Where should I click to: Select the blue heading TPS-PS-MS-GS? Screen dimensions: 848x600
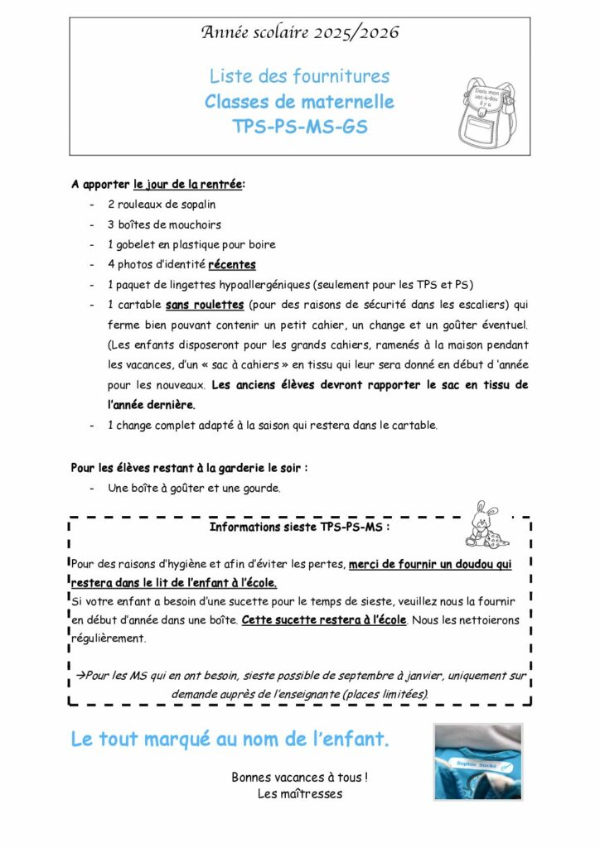point(299,128)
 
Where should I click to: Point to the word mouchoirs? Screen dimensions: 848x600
point(195,224)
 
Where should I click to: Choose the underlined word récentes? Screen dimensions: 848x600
point(231,265)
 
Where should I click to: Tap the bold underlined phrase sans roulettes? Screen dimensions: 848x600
point(204,305)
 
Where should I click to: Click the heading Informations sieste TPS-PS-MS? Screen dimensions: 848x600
point(299,526)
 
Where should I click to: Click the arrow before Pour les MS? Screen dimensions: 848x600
point(81,675)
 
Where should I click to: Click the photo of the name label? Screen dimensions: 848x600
point(478,762)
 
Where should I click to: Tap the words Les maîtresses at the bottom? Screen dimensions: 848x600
point(299,793)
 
